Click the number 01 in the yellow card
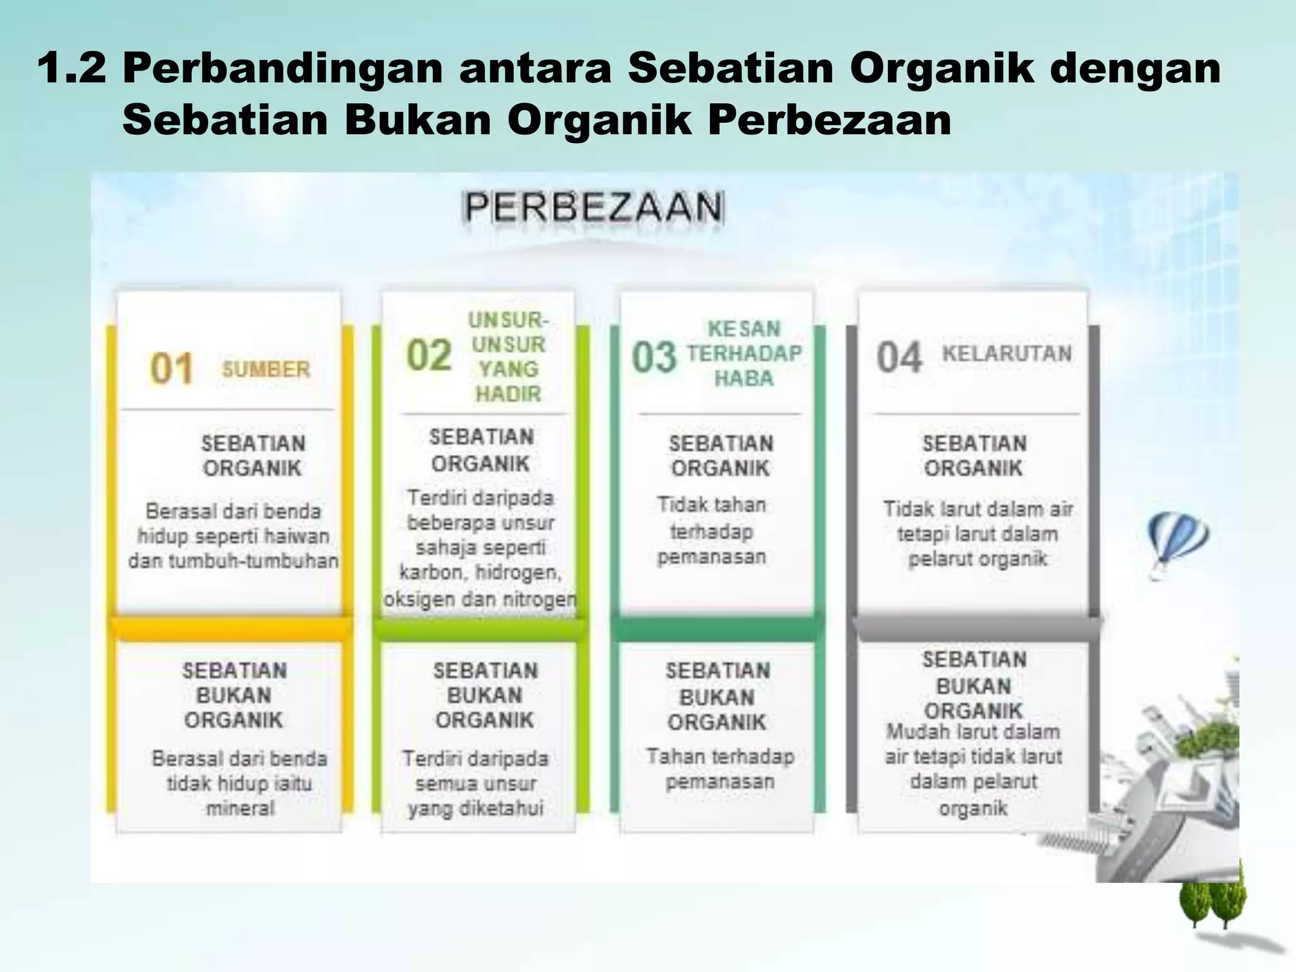pos(171,369)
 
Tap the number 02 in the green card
pos(429,356)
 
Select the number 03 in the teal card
pos(654,357)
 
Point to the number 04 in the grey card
pos(899,358)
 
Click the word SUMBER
pos(266,370)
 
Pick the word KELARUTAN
pos(1007,353)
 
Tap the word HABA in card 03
pos(744,378)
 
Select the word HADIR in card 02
pos(508,394)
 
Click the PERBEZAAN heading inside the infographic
pos(593,207)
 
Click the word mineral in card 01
pos(240,808)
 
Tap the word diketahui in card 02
pos(506,809)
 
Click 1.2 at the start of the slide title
pos(72,68)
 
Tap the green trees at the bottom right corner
pos(1212,902)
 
